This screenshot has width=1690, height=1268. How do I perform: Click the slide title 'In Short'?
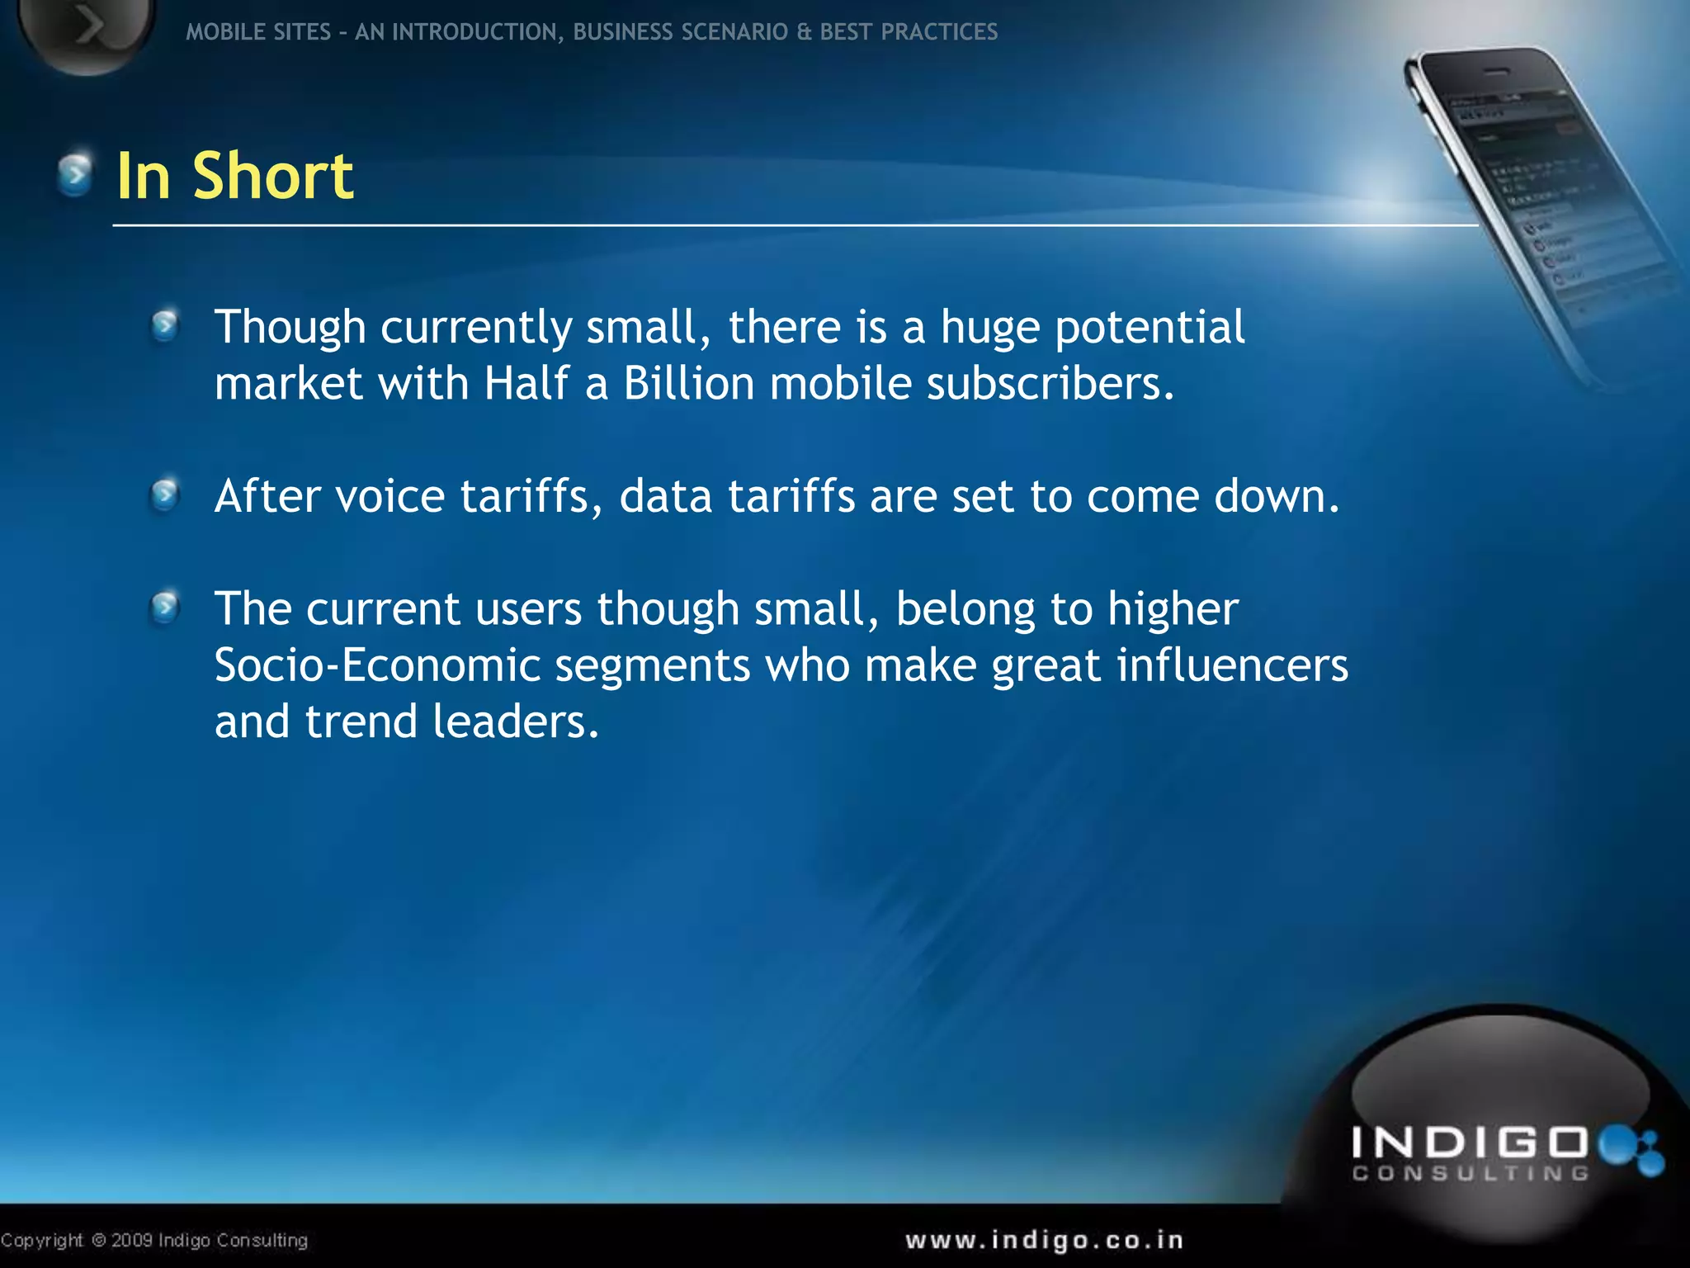235,176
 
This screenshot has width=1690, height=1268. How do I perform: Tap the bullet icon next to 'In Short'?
75,174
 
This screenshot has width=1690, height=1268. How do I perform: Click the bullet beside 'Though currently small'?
165,326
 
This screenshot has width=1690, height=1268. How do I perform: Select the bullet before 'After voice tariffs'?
165,495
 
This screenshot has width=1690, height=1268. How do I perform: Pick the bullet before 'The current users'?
165,608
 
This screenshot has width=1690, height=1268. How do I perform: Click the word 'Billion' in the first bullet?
688,383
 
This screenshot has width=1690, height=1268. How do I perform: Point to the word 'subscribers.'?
1050,383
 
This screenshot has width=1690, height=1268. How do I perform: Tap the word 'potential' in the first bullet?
1149,328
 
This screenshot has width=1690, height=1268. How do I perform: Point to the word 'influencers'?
1232,665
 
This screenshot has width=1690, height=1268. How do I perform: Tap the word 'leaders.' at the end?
515,722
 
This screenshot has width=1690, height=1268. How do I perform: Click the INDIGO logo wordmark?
1470,1143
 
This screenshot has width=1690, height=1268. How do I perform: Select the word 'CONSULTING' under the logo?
1470,1174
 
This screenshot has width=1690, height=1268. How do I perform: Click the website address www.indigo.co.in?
1045,1240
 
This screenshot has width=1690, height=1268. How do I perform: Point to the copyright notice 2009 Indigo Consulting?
154,1240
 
